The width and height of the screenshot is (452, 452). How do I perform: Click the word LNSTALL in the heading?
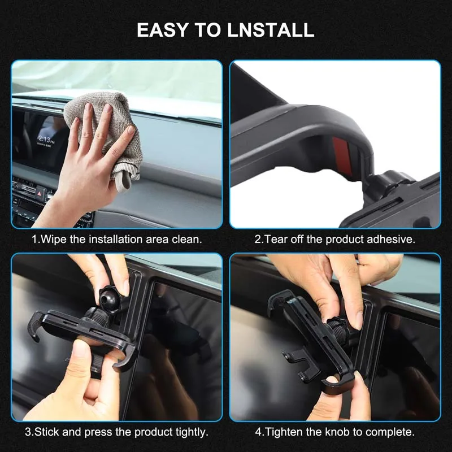coord(271,30)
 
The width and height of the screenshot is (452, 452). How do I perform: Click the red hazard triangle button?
coord(40,190)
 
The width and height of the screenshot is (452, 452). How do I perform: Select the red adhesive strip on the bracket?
coord(342,156)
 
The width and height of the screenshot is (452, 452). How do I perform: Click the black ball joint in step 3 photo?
coord(110,297)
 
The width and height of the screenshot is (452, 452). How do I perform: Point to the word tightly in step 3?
coord(192,432)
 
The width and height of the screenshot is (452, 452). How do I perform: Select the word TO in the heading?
coord(207,30)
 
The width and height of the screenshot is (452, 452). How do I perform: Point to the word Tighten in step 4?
coord(284,432)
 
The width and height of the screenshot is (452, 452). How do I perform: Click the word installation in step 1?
coord(116,239)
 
